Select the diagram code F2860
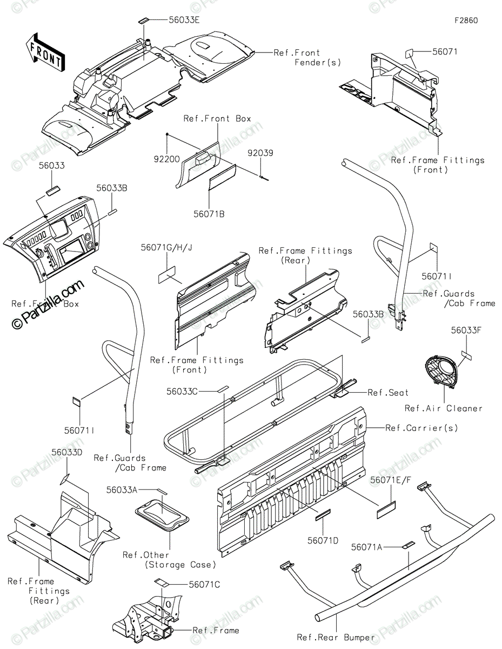coord(466,21)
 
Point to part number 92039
coord(260,153)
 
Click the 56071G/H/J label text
coord(166,247)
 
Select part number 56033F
coord(466,330)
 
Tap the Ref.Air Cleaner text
coord(443,408)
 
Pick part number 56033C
coord(183,391)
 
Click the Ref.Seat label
coord(388,393)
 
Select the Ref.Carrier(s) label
coord(421,428)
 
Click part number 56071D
coord(323,540)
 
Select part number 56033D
coord(67,452)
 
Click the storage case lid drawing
coord(163,513)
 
